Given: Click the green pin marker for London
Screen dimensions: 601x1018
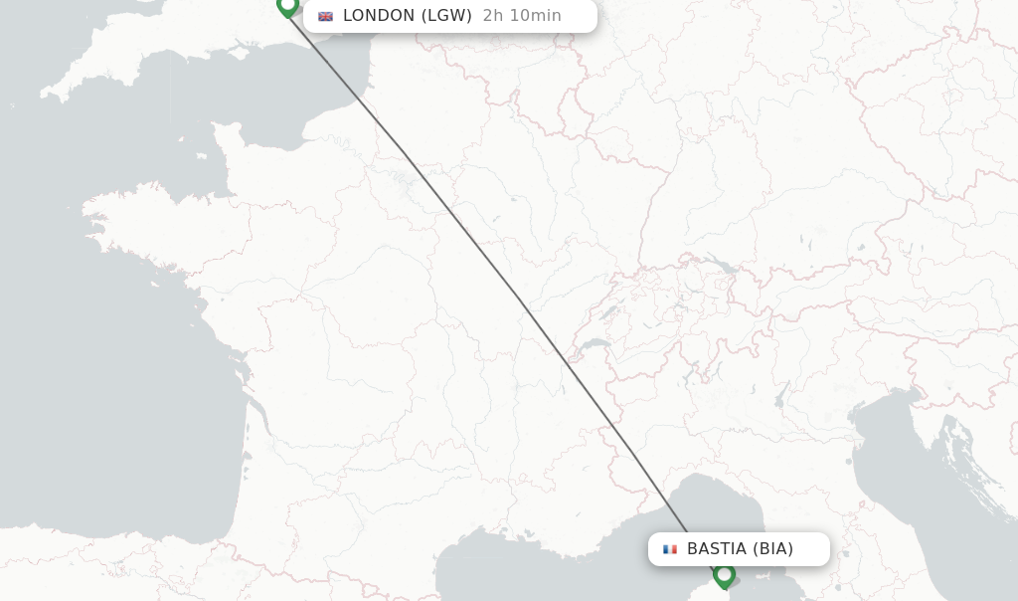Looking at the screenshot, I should point(288,6).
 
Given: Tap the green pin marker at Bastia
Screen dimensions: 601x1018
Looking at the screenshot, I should point(724,575).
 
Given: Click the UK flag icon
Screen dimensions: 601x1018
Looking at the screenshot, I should point(325,16).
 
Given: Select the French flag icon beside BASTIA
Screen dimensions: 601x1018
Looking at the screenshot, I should point(670,549).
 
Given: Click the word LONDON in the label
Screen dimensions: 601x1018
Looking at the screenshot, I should point(379,16).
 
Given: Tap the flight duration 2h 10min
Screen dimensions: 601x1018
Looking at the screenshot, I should point(522,16).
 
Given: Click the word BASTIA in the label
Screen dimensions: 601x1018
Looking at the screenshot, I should point(717,549).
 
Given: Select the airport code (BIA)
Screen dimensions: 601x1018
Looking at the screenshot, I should point(772,549).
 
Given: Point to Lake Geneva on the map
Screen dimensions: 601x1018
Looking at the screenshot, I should point(595,345).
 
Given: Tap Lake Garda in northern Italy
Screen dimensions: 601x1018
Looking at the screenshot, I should point(781,397).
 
